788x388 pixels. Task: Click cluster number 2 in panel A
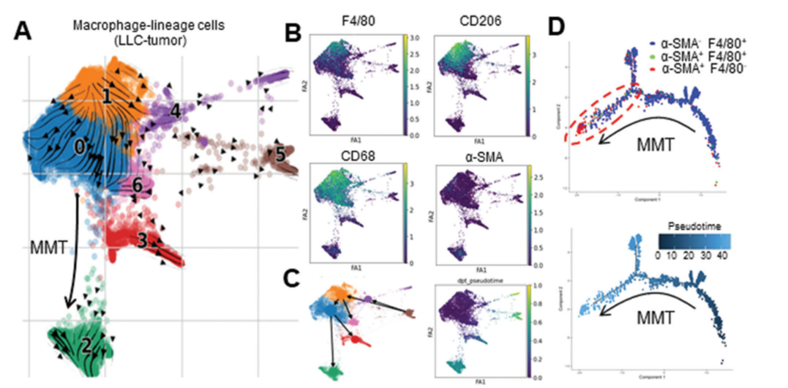pyautogui.click(x=86, y=344)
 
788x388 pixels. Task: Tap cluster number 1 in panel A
pyautogui.click(x=107, y=96)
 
